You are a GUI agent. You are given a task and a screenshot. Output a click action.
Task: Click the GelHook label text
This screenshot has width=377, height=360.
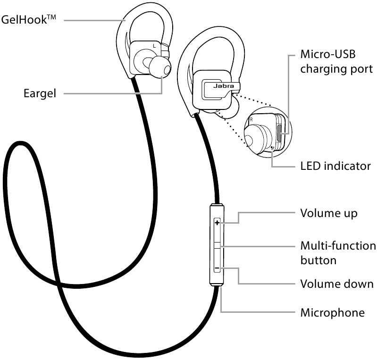click(x=29, y=19)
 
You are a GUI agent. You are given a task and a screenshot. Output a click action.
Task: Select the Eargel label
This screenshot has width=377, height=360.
click(x=40, y=93)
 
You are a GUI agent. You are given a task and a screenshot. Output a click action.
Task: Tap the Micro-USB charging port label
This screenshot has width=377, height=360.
click(x=336, y=61)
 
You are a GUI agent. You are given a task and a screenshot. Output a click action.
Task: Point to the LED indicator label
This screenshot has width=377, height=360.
click(x=335, y=166)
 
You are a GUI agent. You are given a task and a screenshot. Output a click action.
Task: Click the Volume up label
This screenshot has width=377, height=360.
click(x=329, y=214)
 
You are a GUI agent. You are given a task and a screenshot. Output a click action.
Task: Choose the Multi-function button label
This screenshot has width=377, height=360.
click(x=338, y=253)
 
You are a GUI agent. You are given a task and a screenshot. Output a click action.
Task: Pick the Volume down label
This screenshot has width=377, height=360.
click(x=337, y=284)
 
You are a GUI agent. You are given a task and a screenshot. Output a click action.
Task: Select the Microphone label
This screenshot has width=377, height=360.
click(x=333, y=313)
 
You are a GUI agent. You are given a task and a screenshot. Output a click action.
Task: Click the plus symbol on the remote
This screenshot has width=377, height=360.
click(x=217, y=223)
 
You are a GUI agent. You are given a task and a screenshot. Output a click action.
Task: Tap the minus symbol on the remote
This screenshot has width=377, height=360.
click(x=217, y=268)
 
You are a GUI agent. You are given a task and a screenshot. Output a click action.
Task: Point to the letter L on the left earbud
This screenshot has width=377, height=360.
click(x=154, y=46)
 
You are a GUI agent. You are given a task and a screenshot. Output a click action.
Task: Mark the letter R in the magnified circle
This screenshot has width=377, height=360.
click(x=251, y=119)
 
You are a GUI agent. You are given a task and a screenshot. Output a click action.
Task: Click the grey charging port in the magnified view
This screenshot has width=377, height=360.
click(x=279, y=133)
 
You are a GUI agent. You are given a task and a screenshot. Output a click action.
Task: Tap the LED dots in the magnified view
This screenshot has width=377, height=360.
click(x=272, y=148)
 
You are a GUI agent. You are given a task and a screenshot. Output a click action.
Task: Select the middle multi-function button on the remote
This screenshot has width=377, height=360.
click(x=217, y=245)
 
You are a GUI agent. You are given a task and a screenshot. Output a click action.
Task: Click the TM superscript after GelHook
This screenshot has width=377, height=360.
click(x=51, y=17)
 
